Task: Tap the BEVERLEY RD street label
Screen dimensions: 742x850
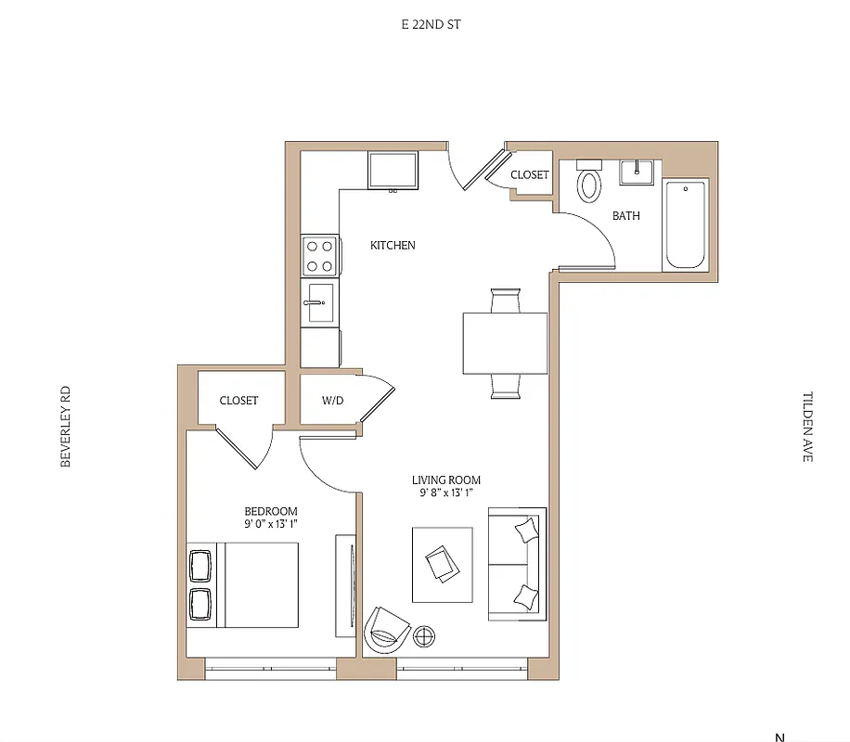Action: pyautogui.click(x=66, y=427)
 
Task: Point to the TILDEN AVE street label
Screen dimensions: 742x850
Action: pyautogui.click(x=806, y=426)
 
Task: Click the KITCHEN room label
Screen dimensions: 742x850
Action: pyautogui.click(x=393, y=246)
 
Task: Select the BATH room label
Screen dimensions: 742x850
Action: pyautogui.click(x=625, y=216)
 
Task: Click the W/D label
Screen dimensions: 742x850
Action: pyautogui.click(x=332, y=401)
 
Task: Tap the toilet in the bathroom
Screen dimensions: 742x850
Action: pyautogui.click(x=589, y=183)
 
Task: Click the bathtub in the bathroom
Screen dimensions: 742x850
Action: pyautogui.click(x=685, y=224)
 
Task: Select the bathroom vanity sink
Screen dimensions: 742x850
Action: pyautogui.click(x=637, y=172)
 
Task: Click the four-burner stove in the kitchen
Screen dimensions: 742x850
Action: pyautogui.click(x=320, y=255)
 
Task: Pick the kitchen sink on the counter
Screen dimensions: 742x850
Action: pyautogui.click(x=319, y=302)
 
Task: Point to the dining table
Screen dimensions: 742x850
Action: pyautogui.click(x=505, y=342)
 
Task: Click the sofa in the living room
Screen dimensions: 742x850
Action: pyautogui.click(x=517, y=564)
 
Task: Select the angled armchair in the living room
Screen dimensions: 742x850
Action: pyautogui.click(x=387, y=630)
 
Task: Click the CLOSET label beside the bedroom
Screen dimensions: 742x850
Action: pyautogui.click(x=238, y=401)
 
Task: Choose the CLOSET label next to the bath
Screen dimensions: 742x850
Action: pyautogui.click(x=529, y=174)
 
